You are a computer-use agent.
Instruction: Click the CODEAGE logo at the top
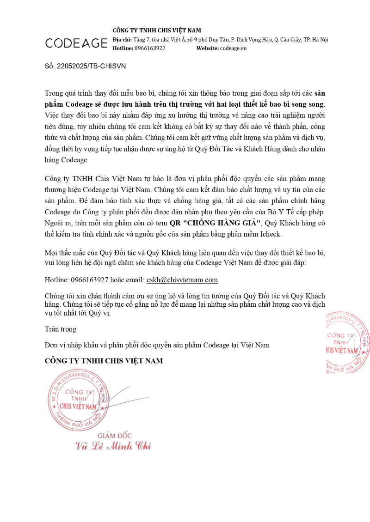(76, 43)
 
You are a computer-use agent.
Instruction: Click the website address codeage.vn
(233, 48)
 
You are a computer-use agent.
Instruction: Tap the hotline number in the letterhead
(150, 48)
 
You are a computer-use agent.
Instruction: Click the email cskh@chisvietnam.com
(182, 280)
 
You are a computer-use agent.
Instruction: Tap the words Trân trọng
(61, 329)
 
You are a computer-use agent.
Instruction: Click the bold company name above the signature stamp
(104, 361)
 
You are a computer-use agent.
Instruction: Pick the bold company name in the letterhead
(157, 30)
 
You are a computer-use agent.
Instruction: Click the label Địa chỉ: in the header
(122, 39)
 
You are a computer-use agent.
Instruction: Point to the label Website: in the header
(208, 48)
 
